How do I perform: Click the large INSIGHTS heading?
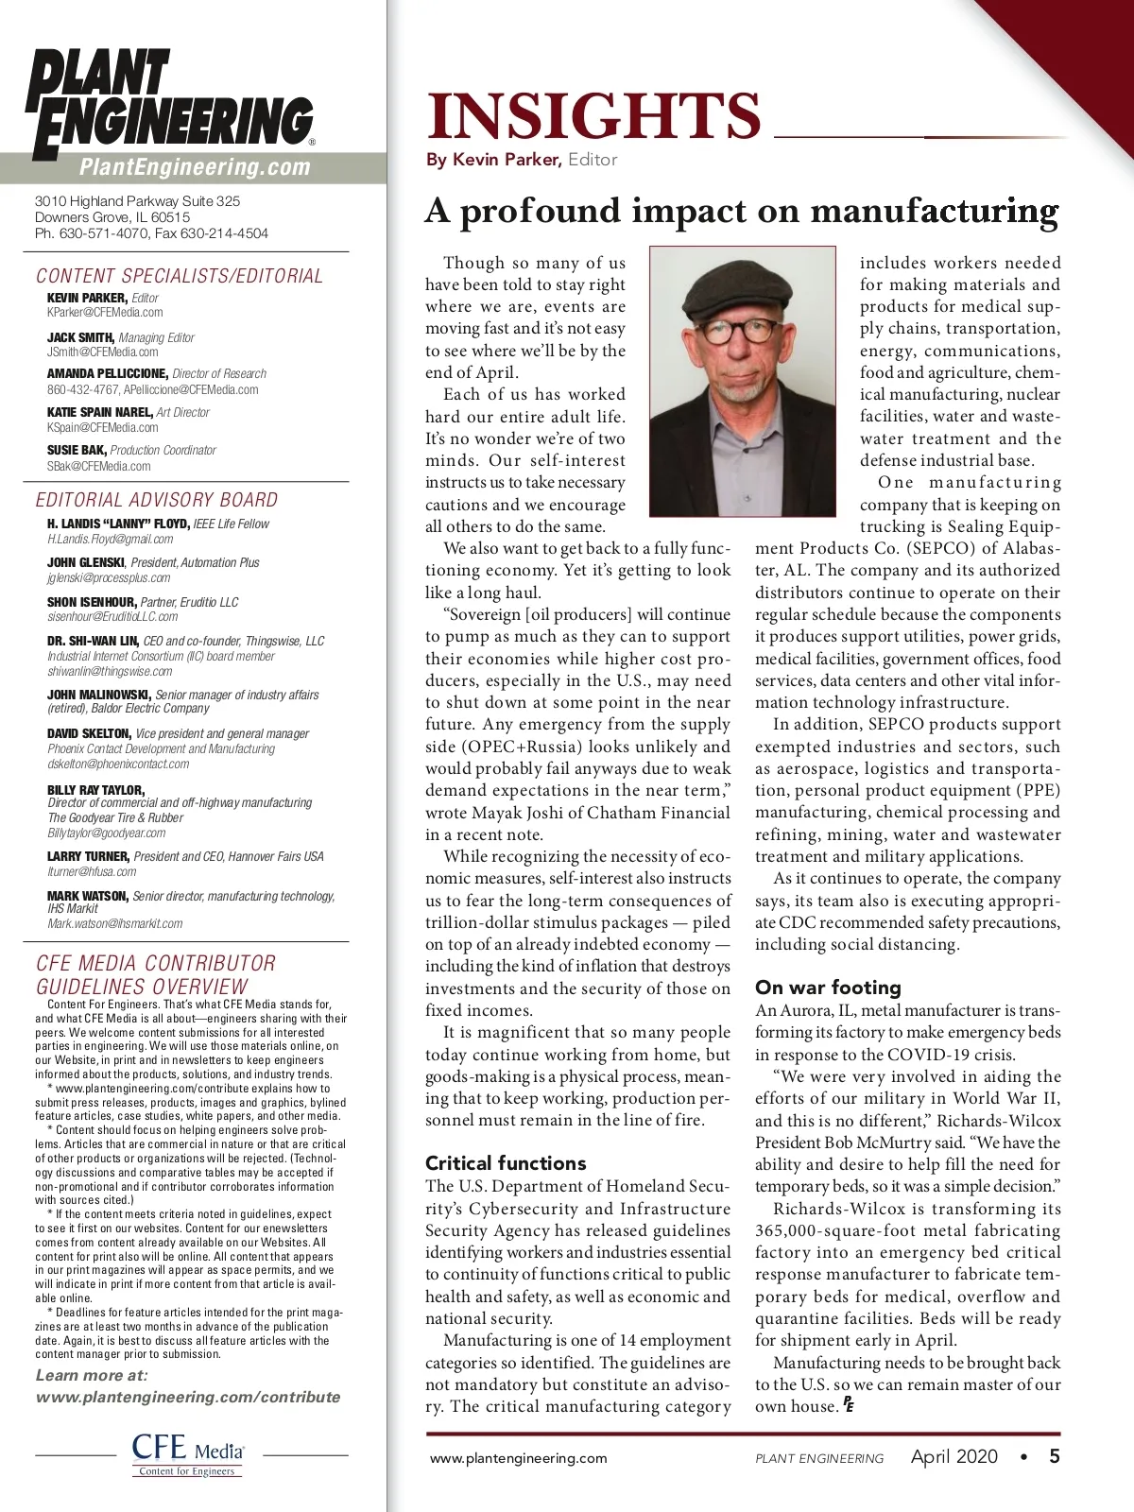coord(593,115)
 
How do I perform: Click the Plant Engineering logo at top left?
coord(170,104)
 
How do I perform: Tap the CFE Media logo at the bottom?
coord(188,1453)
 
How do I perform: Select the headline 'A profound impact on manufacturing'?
coord(742,210)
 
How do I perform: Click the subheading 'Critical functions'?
coord(506,1162)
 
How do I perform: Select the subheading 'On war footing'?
coord(828,988)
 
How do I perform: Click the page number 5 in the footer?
coord(1055,1456)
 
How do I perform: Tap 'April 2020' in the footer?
coord(954,1456)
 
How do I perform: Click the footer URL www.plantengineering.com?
coord(518,1458)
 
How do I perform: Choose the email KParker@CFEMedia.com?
coord(105,313)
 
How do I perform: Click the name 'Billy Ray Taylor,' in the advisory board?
coord(96,790)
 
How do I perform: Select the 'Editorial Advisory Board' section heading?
coord(157,500)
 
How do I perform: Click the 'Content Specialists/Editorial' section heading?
coord(180,276)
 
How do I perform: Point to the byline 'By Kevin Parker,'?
coord(493,160)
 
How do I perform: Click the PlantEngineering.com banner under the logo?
coord(195,168)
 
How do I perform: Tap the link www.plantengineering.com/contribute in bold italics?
coord(188,1397)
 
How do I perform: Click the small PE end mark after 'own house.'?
coord(849,1405)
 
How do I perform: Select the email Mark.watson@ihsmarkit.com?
coord(115,923)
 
